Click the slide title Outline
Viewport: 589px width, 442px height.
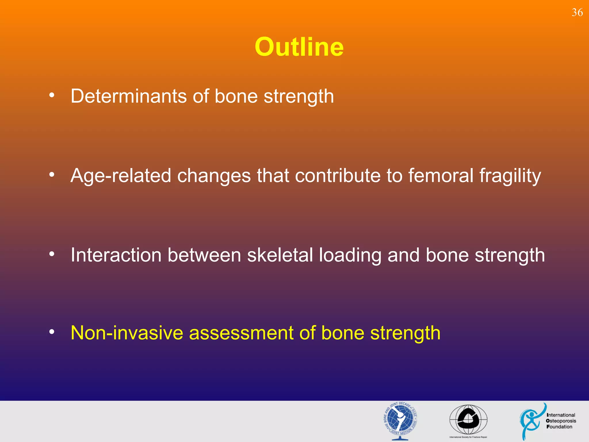tap(299, 47)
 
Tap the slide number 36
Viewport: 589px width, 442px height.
tap(577, 13)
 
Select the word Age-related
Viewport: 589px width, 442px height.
tap(121, 176)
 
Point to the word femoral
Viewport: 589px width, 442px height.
tap(441, 176)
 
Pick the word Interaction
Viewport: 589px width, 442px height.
tap(116, 255)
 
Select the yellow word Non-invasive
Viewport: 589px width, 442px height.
tap(127, 333)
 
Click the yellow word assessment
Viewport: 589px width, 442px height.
tap(241, 333)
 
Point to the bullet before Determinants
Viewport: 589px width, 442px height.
tap(52, 95)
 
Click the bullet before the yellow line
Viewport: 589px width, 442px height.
tap(52, 332)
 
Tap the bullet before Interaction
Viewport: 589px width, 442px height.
tap(52, 254)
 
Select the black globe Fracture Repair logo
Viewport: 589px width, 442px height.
tap(468, 420)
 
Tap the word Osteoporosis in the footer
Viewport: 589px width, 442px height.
tap(561, 421)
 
